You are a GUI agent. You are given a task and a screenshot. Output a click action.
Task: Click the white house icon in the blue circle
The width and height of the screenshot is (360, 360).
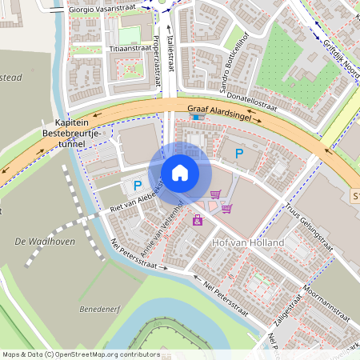(180, 172)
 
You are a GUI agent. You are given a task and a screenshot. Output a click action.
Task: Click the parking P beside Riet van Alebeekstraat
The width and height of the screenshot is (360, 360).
(127, 186)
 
